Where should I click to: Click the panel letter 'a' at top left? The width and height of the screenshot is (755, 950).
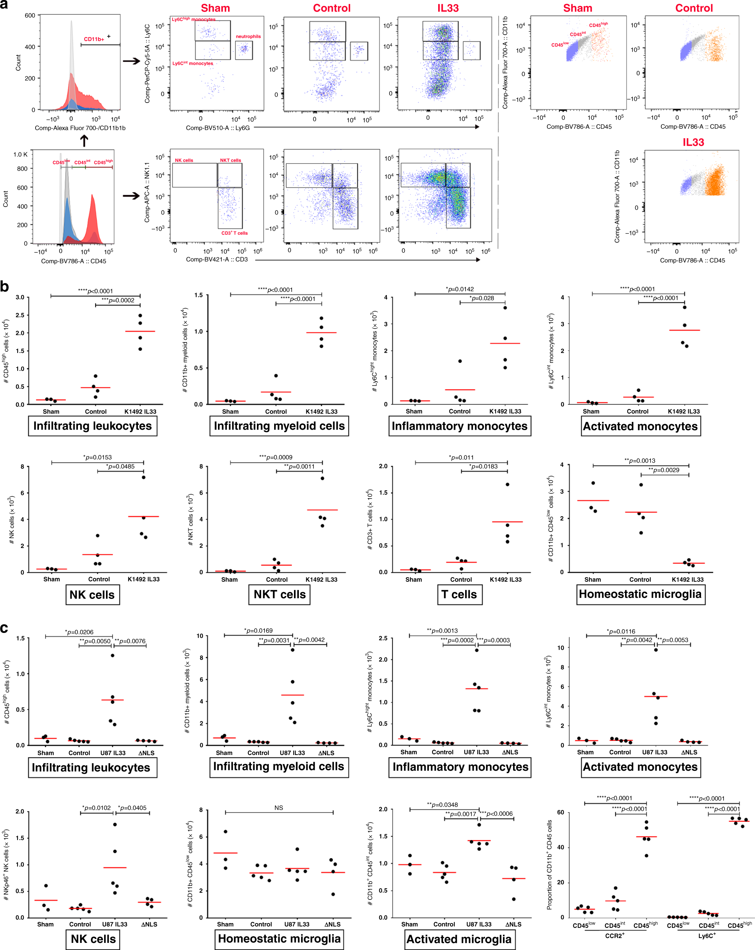point(4,5)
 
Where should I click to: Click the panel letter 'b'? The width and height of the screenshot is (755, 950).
point(4,286)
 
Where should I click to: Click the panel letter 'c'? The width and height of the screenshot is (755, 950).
point(4,628)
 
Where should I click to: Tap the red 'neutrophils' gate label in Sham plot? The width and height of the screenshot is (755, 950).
point(248,37)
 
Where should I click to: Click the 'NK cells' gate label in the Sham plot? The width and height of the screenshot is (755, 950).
point(184,160)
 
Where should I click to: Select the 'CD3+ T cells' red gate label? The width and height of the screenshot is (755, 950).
point(234,233)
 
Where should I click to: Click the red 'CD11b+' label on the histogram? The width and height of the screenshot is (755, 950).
point(94,39)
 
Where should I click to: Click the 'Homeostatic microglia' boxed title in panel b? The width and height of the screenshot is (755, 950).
point(640,594)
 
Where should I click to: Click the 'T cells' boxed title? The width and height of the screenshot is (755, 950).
point(459,595)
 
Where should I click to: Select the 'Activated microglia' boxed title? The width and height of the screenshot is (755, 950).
point(459,939)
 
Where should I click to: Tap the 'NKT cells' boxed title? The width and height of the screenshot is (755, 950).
point(279,595)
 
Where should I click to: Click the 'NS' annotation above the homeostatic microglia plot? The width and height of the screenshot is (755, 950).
point(279,808)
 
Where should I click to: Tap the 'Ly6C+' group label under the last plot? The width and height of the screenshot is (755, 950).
point(707,935)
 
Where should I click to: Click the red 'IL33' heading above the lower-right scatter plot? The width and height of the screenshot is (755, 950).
point(693,142)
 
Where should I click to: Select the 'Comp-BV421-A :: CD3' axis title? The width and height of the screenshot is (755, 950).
point(217,259)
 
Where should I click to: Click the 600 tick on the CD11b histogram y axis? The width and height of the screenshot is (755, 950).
point(30,15)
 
